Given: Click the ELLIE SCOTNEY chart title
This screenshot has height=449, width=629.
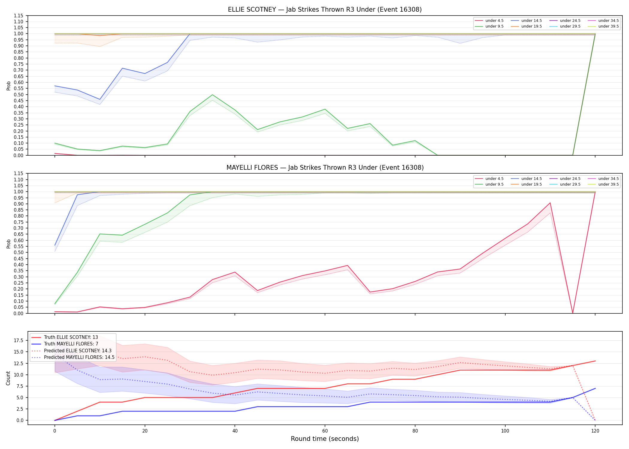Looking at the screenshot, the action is pyautogui.click(x=325, y=10).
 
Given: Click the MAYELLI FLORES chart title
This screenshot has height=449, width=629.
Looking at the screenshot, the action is pyautogui.click(x=325, y=168).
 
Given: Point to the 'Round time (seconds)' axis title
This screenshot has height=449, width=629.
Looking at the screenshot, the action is pyautogui.click(x=325, y=439).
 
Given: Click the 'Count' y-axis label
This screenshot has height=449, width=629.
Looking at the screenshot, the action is pyautogui.click(x=8, y=378).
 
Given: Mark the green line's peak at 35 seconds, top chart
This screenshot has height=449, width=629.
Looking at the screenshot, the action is pyautogui.click(x=212, y=95).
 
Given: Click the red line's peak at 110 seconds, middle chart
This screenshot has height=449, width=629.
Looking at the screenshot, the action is pyautogui.click(x=550, y=203).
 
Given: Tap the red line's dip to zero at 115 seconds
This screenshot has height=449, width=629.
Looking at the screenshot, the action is pyautogui.click(x=573, y=313).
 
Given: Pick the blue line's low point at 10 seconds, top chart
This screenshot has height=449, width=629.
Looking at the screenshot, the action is pyautogui.click(x=100, y=99).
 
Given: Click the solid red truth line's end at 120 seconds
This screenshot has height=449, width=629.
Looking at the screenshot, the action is pyautogui.click(x=595, y=361).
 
